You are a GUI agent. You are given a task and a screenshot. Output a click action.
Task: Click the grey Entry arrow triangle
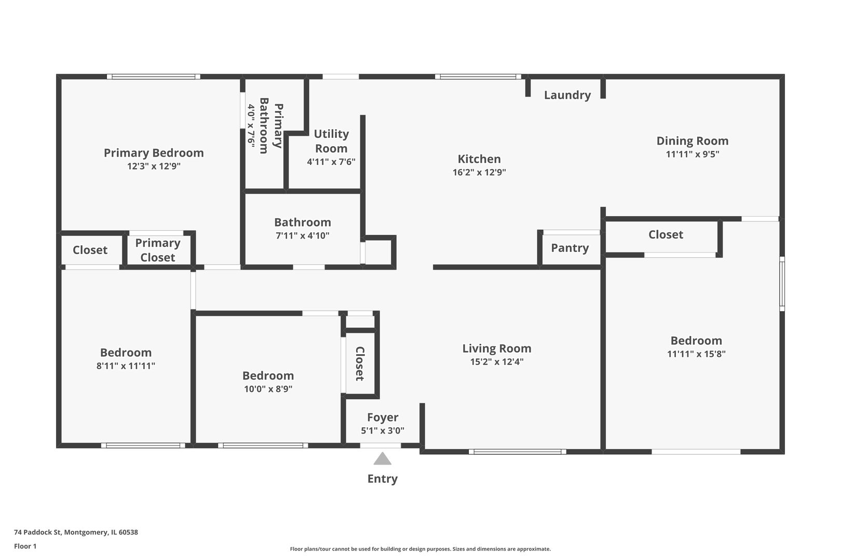pos(383,459)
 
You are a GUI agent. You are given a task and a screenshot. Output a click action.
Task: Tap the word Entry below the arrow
pos(383,479)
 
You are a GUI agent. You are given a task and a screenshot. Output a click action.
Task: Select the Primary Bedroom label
pos(154,153)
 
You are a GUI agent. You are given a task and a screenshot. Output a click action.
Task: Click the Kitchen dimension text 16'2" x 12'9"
pos(479,172)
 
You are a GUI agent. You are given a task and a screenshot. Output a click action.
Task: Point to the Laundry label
pos(567,95)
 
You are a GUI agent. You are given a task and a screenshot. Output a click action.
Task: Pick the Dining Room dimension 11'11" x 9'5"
pos(693,154)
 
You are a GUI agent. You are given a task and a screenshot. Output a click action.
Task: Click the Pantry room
pos(570,248)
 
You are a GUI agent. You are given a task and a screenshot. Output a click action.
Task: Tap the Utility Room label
pos(331,141)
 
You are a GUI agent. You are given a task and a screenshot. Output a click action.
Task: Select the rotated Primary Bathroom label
pos(271,125)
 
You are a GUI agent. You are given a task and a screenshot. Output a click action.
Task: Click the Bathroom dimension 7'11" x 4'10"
pos(303,235)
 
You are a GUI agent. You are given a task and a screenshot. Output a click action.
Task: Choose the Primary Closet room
pos(158,250)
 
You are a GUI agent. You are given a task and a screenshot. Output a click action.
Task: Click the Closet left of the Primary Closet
pos(90,250)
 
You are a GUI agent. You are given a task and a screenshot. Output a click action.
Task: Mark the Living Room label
pos(497,348)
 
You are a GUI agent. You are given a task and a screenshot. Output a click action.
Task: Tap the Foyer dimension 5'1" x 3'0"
pos(383,430)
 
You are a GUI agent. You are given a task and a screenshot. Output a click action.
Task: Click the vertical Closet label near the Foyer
pos(359,363)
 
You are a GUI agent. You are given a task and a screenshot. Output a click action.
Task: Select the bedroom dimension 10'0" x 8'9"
pos(268,389)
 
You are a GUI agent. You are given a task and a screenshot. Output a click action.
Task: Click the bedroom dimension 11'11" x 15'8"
pos(696,354)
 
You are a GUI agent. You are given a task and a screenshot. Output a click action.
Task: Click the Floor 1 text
pos(25,546)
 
